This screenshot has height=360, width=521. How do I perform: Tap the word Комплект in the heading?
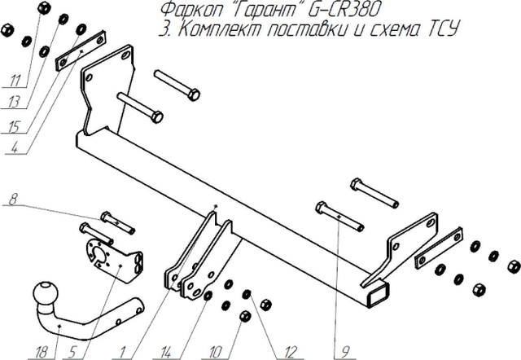pyautogui.click(x=213, y=31)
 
